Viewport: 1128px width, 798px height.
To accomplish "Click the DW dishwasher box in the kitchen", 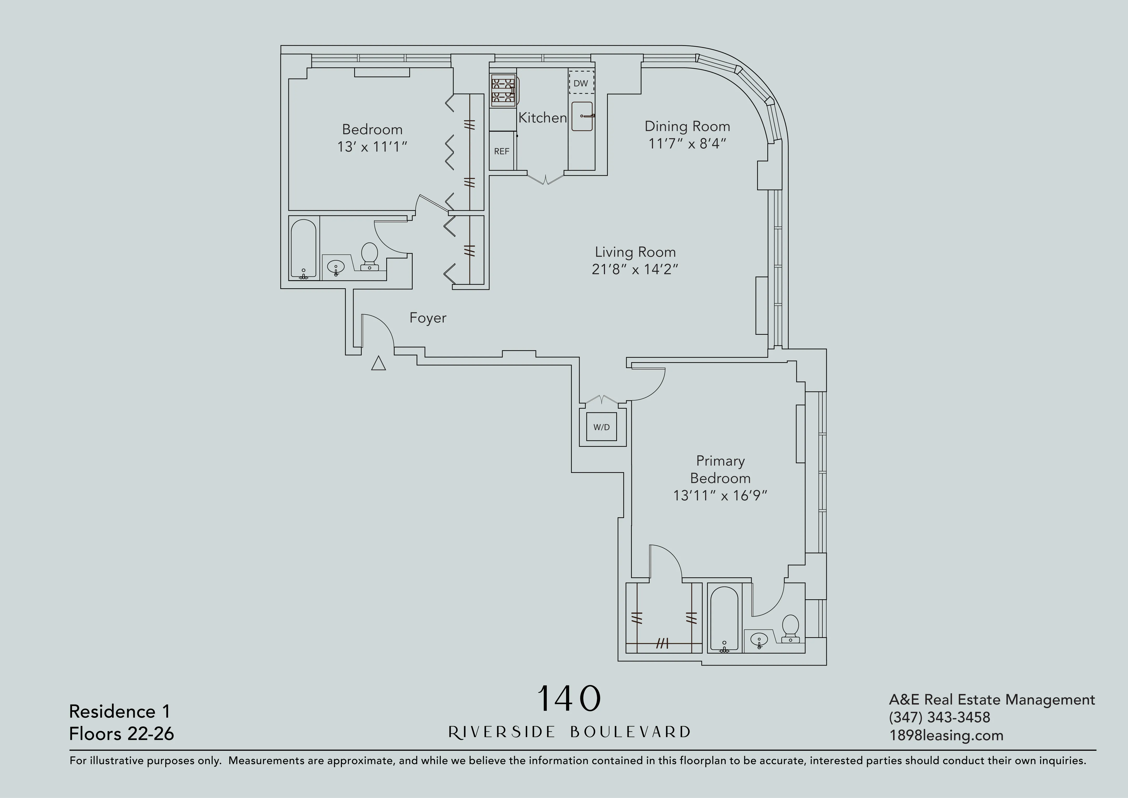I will [x=581, y=83].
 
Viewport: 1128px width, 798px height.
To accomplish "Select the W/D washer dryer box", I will [x=601, y=427].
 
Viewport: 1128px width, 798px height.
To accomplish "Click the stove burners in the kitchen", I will [x=503, y=90].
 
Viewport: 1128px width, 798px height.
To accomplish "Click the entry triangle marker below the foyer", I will [x=378, y=364].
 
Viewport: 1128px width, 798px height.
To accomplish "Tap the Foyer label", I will [x=428, y=318].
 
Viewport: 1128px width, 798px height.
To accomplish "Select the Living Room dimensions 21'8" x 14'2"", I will [x=635, y=269].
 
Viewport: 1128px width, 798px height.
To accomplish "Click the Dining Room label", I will [x=687, y=126].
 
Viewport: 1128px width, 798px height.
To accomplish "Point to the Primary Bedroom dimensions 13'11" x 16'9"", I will [x=720, y=496].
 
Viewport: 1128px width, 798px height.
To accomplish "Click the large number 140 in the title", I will [x=569, y=699].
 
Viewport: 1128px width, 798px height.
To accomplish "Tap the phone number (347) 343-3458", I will [x=939, y=717].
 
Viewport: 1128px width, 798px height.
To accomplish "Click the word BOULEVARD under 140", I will [x=630, y=732].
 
